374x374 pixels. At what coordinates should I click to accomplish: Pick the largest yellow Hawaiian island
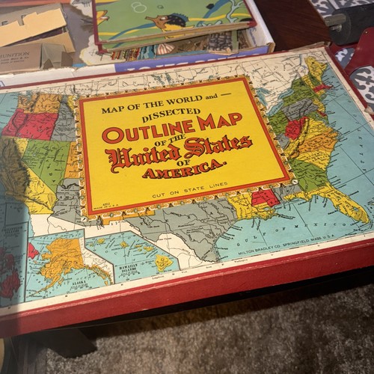[x=162, y=263]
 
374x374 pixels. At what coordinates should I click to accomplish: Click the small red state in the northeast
[x=322, y=88]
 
